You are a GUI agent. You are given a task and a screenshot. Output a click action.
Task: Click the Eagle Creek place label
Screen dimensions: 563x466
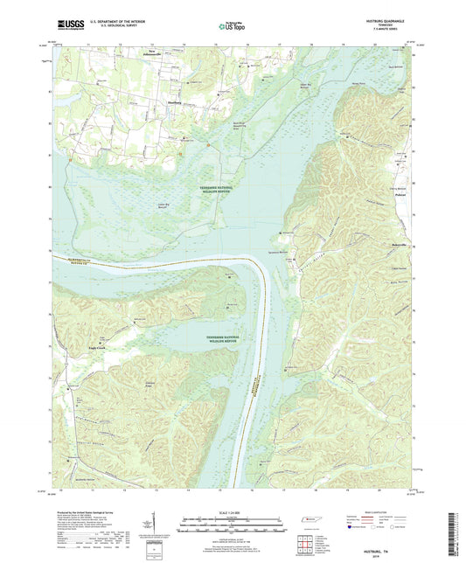click(x=73, y=346)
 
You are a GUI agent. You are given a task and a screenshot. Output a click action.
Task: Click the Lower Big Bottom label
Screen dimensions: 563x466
click(x=163, y=205)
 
